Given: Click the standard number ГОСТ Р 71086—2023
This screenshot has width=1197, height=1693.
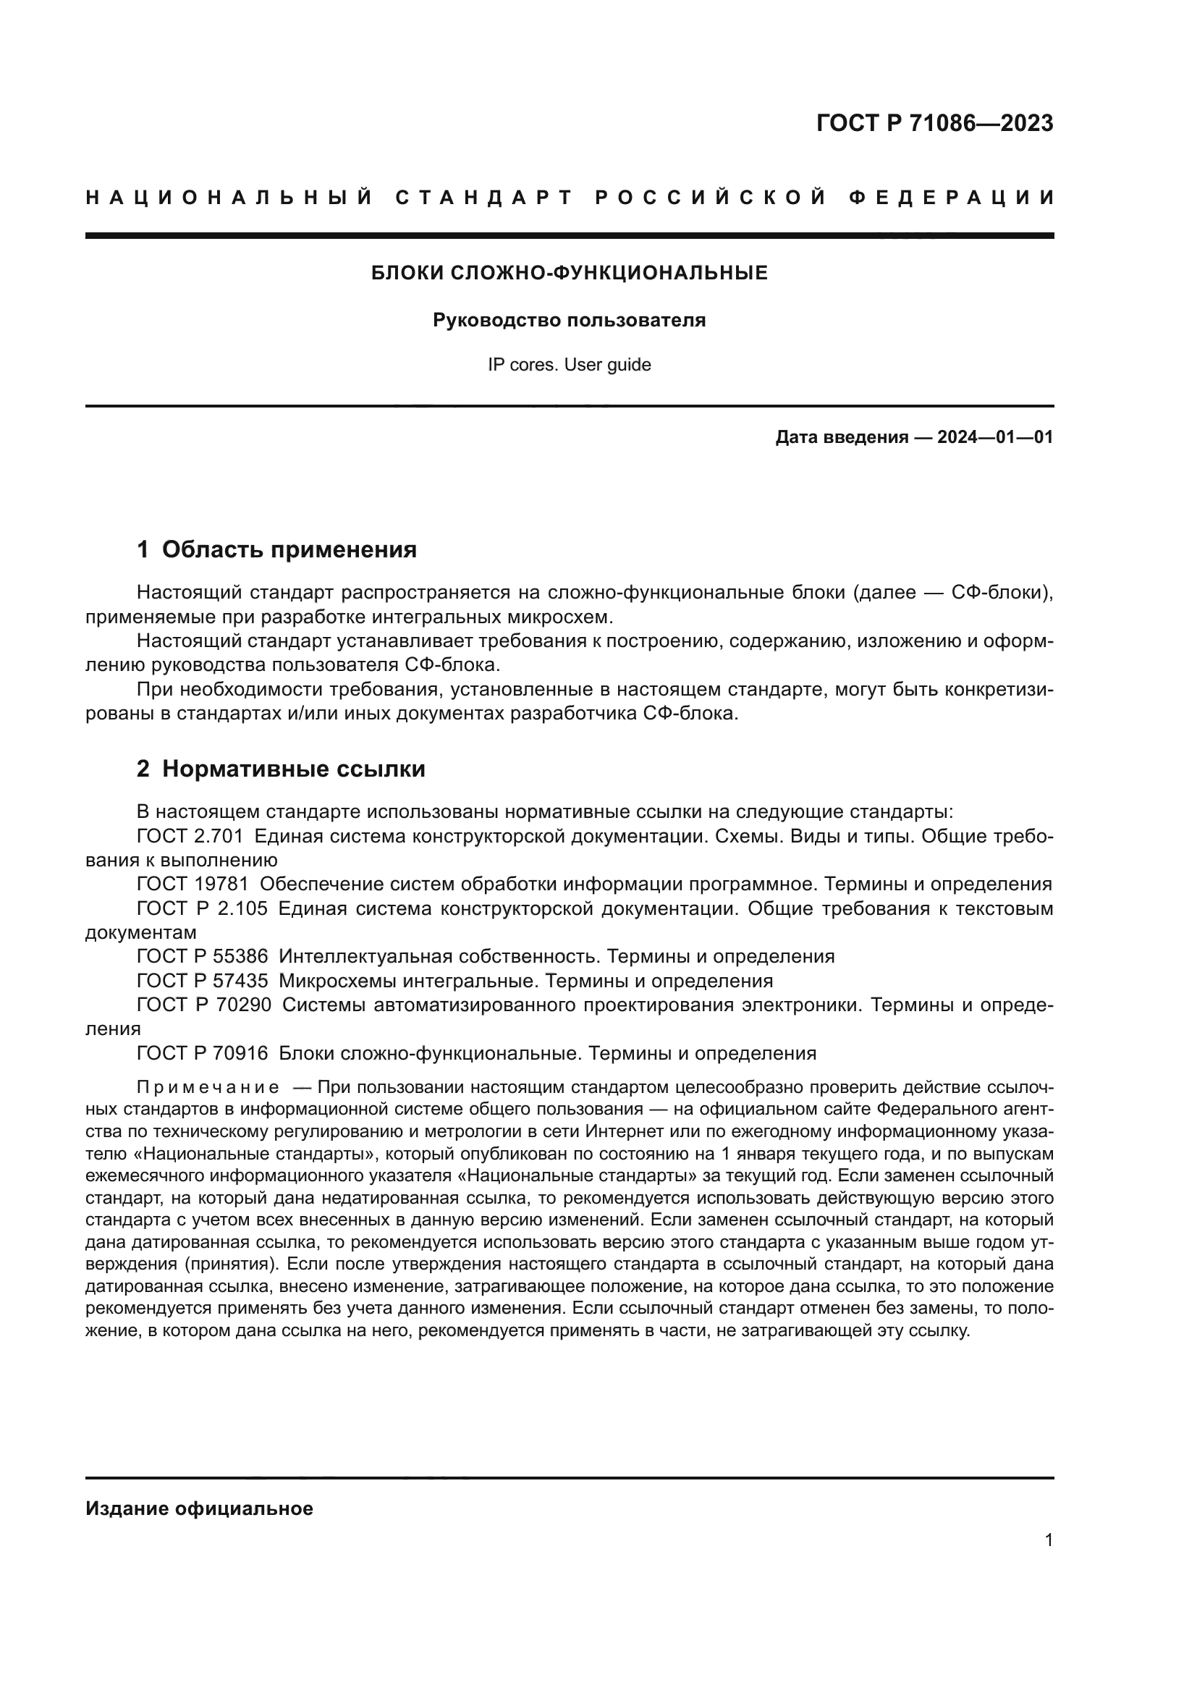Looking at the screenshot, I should pyautogui.click(x=934, y=123).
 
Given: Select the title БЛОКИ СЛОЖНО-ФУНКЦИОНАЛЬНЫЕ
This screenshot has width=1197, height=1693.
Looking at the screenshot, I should pyautogui.click(x=569, y=274).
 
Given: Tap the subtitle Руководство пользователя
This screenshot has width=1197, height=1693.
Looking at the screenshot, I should pyautogui.click(x=569, y=321).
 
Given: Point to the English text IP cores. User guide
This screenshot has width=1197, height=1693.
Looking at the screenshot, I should pyautogui.click(x=569, y=365).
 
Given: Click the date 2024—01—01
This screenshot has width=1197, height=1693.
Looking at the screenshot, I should pyautogui.click(x=994, y=437).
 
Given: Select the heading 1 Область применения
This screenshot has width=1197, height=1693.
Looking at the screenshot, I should pyautogui.click(x=277, y=549).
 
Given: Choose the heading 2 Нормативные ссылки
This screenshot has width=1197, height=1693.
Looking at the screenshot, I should pyautogui.click(x=281, y=769).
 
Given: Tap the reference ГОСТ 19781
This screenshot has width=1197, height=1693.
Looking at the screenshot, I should pyautogui.click(x=193, y=884).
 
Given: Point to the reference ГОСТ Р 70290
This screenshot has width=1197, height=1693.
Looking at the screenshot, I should pyautogui.click(x=204, y=1005).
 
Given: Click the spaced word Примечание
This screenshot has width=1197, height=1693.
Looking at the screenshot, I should pyautogui.click(x=208, y=1088).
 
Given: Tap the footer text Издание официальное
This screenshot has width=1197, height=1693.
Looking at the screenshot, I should pyautogui.click(x=199, y=1508).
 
